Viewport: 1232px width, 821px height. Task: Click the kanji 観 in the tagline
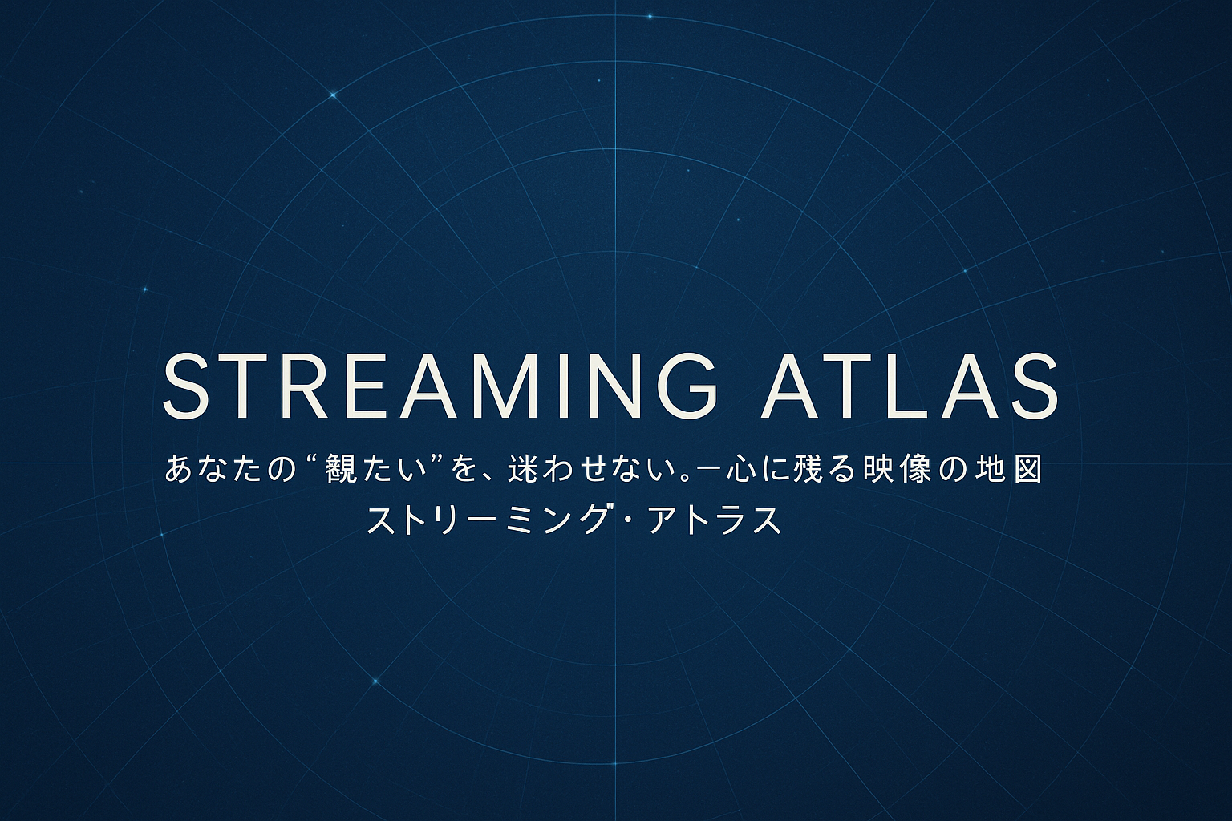tap(344, 469)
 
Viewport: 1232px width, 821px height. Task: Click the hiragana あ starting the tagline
tap(178, 469)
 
